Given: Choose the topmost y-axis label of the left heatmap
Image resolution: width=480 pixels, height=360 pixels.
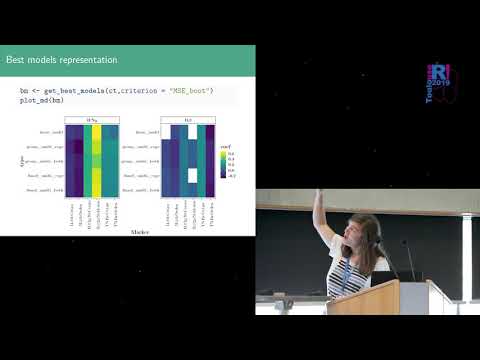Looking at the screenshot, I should click(49, 132).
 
